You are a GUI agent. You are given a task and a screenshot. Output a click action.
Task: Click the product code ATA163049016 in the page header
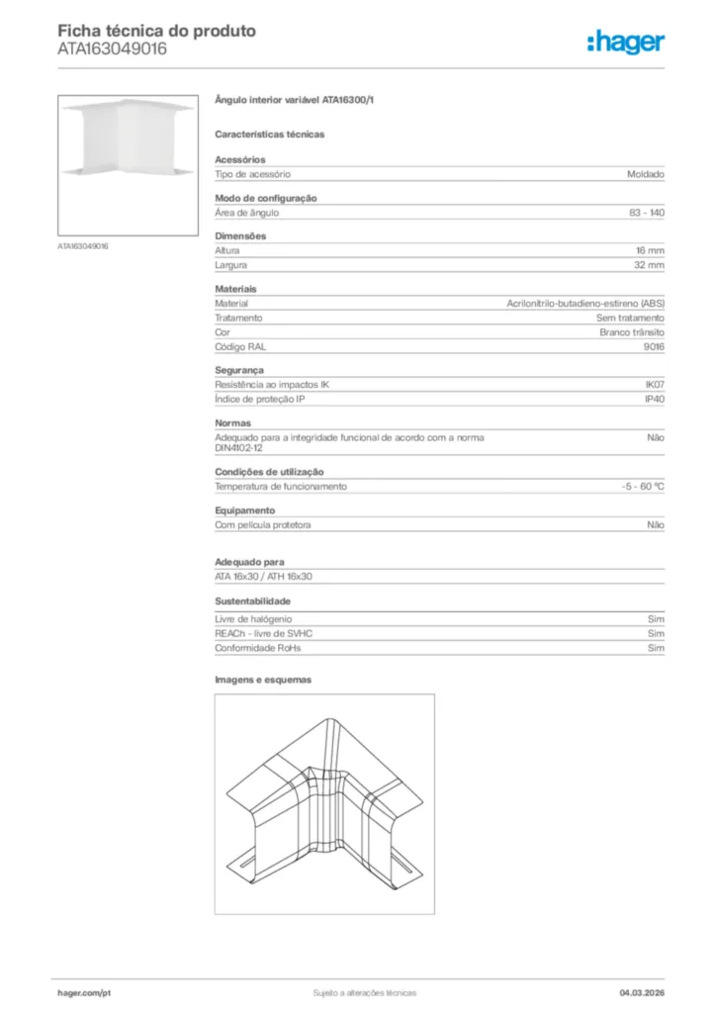coord(112,48)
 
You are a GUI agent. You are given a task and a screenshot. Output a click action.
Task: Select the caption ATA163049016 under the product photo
coord(83,245)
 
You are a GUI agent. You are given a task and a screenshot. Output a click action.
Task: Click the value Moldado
coord(645,174)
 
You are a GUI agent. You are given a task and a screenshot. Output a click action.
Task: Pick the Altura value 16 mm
coord(650,251)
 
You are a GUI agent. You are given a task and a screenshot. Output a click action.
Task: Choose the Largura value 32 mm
coord(649,265)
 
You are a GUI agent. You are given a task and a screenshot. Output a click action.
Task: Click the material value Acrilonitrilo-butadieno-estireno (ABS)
coord(585,304)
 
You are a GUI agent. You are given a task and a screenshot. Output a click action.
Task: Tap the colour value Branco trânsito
coord(632,332)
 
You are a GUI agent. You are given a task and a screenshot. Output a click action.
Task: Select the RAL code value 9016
coord(655,347)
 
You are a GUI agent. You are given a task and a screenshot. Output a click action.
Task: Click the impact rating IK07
coord(654,384)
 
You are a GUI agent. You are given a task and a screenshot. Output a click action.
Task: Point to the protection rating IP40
coord(654,399)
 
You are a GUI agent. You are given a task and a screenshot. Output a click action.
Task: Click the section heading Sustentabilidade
coord(252,600)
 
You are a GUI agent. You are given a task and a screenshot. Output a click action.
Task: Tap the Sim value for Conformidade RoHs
coord(656,648)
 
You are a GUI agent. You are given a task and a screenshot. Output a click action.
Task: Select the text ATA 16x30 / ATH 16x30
coord(264,576)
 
